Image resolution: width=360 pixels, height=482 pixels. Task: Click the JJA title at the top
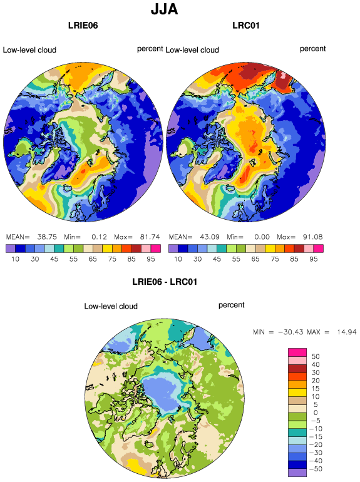[164, 9]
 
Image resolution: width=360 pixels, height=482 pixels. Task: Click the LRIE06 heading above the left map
[83, 25]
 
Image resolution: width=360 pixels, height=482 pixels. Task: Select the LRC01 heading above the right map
[246, 25]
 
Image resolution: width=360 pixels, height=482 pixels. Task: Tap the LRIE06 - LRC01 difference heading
[165, 282]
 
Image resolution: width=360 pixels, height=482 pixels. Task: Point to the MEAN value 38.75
[47, 237]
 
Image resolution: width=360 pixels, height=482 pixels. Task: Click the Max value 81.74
[150, 237]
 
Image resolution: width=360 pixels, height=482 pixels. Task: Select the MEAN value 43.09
[210, 237]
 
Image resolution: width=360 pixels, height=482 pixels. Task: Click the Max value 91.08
[312, 237]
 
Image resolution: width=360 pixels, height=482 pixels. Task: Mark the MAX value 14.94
[347, 332]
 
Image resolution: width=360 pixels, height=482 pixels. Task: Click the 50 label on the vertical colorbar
[316, 357]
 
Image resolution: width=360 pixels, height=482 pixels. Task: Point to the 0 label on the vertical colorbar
[316, 413]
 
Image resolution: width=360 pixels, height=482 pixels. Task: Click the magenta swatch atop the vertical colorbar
[297, 352]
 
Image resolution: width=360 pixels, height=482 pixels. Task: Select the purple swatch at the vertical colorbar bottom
[297, 473]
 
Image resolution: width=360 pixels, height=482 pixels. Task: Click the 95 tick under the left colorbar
[151, 259]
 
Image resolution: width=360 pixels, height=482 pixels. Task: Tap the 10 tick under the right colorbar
[178, 259]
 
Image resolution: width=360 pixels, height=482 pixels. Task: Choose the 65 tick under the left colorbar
[93, 259]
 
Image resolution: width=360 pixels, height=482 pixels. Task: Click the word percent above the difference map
[231, 305]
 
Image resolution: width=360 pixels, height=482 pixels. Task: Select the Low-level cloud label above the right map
[192, 50]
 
